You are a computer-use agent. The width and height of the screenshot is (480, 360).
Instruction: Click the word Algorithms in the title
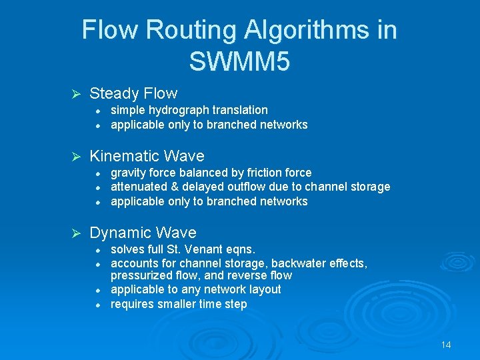click(317, 30)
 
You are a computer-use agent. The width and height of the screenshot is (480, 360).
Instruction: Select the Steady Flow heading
click(133, 93)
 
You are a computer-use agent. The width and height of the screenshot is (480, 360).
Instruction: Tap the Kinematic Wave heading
click(147, 156)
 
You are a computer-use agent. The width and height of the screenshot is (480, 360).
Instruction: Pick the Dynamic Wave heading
click(143, 233)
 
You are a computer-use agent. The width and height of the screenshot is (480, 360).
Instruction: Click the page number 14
click(446, 345)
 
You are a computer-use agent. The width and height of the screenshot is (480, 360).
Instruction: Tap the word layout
click(265, 289)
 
